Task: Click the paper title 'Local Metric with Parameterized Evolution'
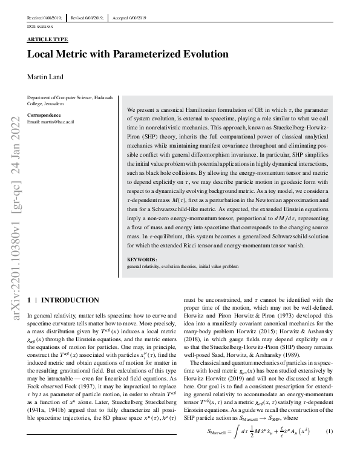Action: point(128,54)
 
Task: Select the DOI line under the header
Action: point(41,27)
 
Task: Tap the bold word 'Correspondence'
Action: point(44,114)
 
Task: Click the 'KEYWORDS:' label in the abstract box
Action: point(142,260)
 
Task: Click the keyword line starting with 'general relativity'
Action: point(178,266)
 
